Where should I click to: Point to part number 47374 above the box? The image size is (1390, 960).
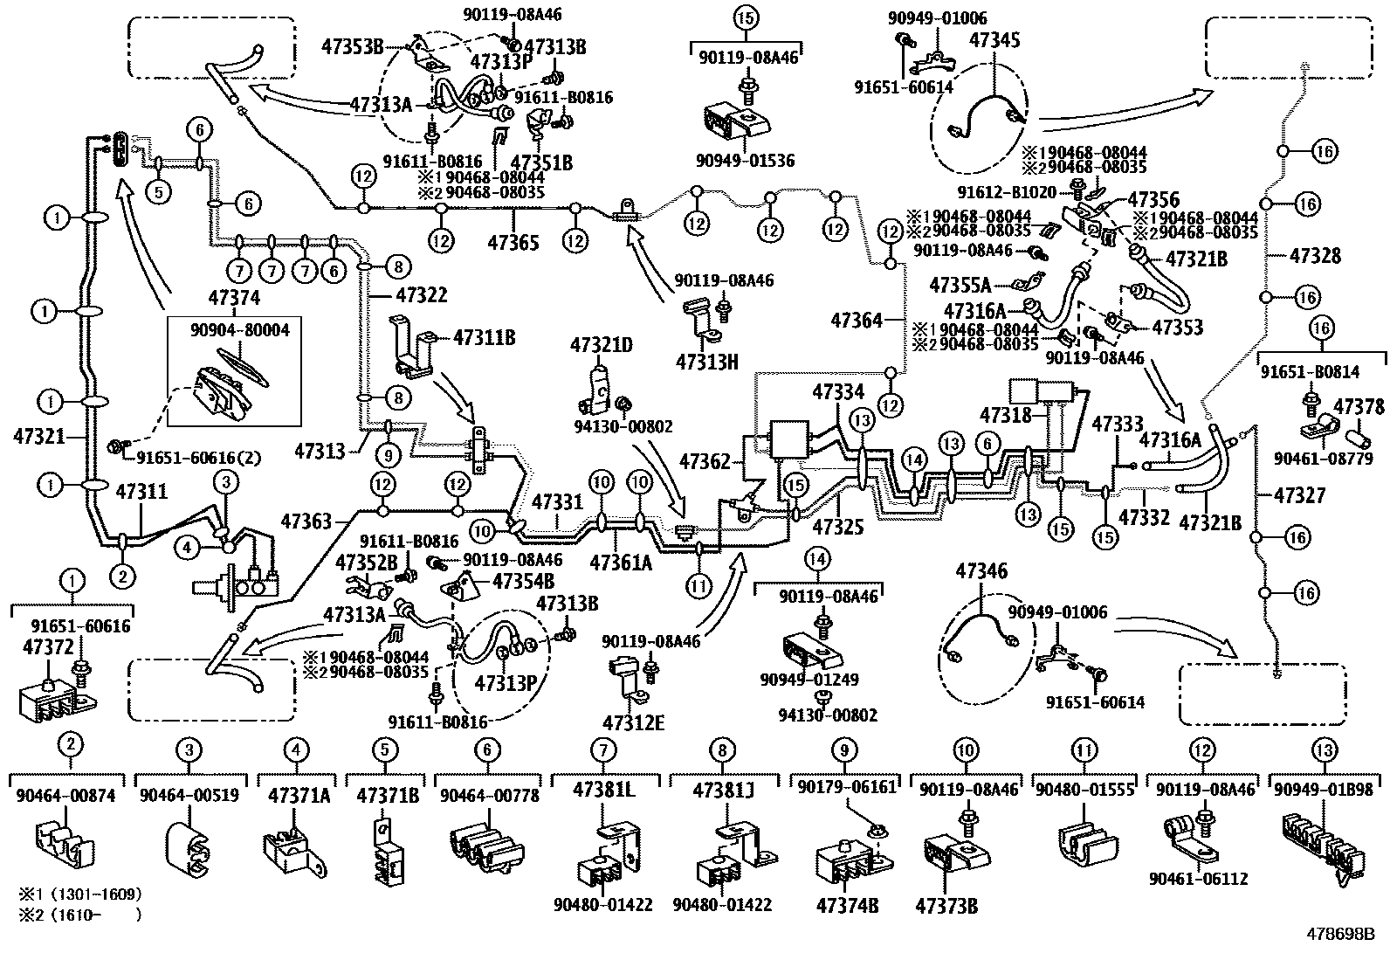[234, 299]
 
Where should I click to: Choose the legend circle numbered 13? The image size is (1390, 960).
[1324, 749]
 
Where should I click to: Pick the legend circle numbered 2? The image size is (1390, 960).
[71, 744]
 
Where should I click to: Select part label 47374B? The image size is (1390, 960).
[847, 904]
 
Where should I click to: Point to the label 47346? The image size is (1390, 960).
[981, 572]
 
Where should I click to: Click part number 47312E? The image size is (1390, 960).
[633, 722]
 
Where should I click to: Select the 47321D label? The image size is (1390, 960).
[601, 346]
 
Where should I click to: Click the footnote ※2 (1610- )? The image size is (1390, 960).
[79, 915]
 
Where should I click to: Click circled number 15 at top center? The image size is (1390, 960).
[747, 17]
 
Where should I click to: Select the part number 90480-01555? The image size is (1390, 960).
[1083, 791]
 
